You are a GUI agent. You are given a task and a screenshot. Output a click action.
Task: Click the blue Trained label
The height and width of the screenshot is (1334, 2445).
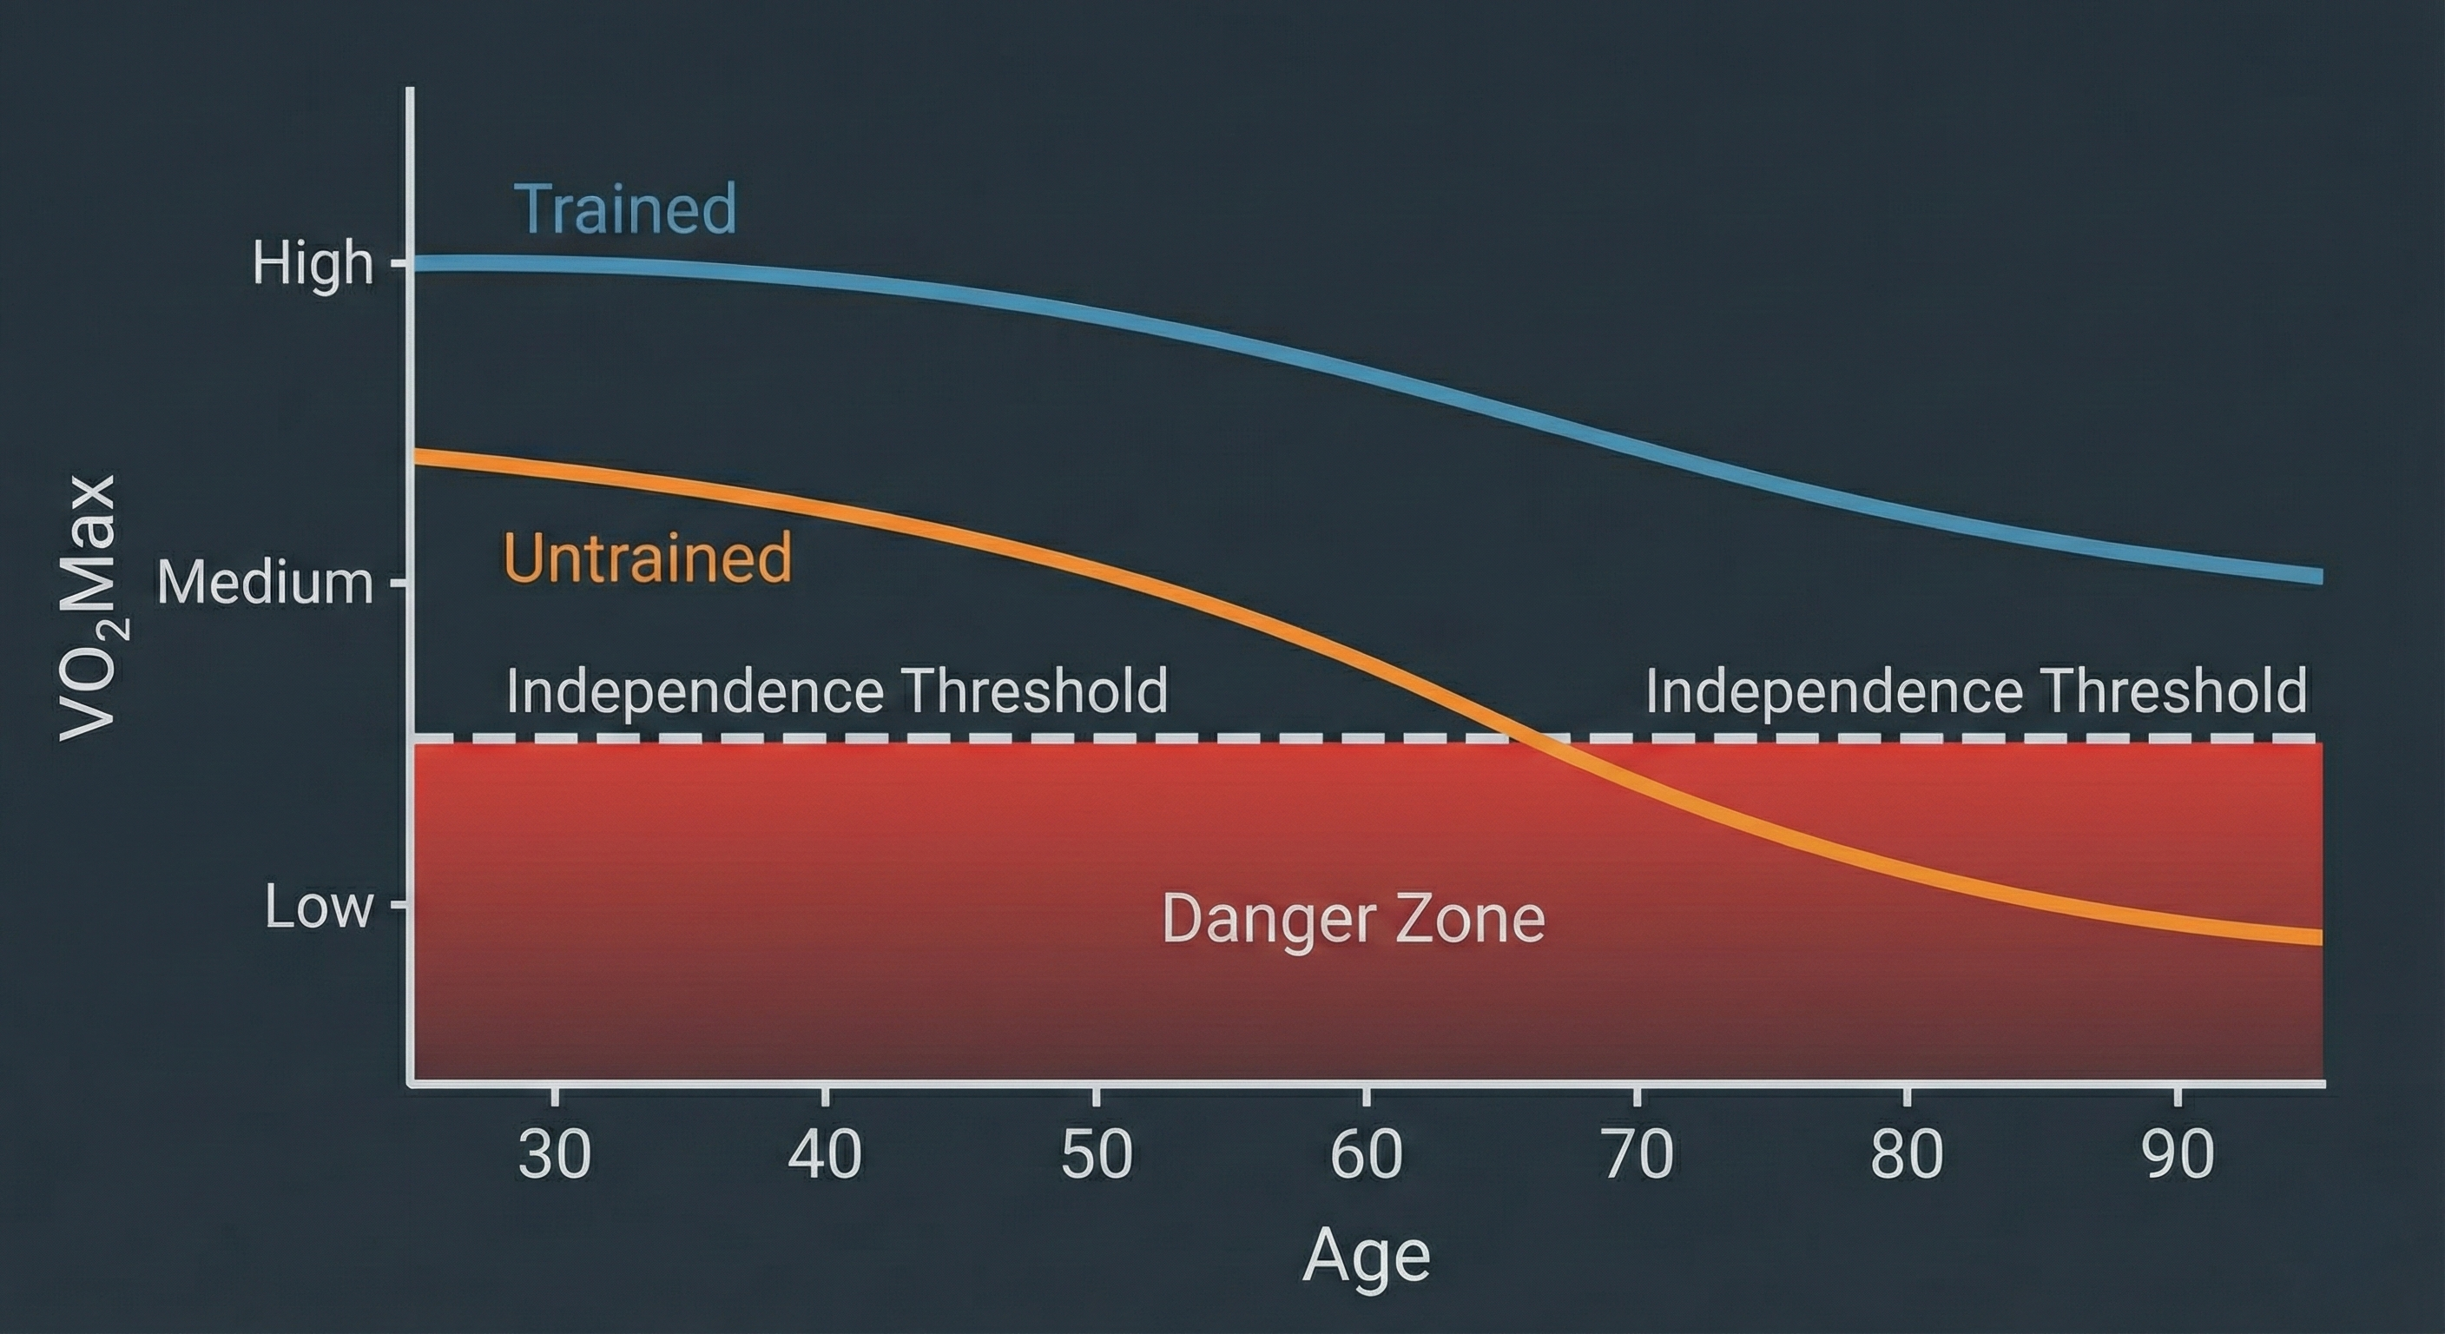(624, 210)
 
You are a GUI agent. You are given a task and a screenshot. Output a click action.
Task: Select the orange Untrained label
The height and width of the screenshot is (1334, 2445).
(648, 558)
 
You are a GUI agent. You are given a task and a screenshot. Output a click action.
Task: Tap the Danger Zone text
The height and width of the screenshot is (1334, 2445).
(1354, 919)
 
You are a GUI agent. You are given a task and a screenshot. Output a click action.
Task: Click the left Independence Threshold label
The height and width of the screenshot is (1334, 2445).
(836, 691)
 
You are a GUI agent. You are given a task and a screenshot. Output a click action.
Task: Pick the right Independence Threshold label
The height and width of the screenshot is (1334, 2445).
(1976, 691)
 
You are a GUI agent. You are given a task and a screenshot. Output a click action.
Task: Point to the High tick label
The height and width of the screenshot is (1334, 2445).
(313, 263)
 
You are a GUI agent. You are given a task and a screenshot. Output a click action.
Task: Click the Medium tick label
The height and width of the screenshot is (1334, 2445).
(266, 582)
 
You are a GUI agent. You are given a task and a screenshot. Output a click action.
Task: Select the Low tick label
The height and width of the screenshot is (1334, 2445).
(318, 907)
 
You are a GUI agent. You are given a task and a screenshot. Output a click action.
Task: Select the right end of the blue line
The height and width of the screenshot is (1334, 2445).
(2319, 576)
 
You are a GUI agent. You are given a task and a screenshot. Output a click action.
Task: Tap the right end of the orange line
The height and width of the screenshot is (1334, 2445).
(2319, 937)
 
